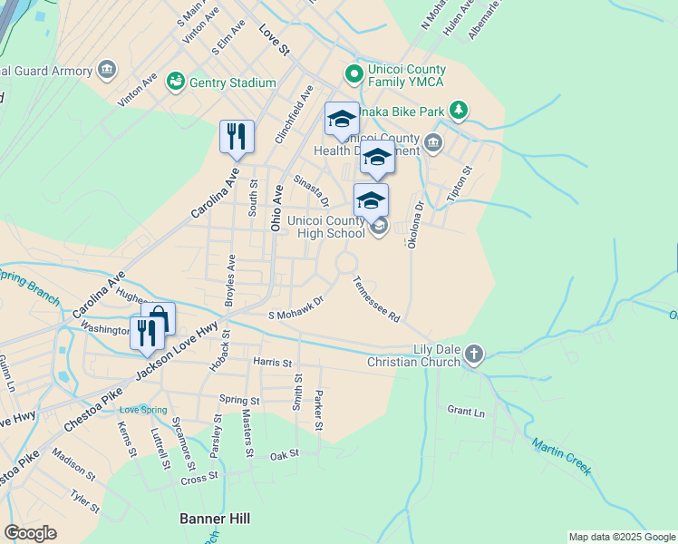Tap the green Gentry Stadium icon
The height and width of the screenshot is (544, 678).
[x=176, y=83]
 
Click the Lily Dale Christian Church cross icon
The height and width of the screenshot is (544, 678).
[x=472, y=355]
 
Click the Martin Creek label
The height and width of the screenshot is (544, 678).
[x=561, y=457]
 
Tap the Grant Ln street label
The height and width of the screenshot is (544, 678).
[x=466, y=412]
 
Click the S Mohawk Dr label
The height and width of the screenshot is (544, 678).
[x=295, y=307]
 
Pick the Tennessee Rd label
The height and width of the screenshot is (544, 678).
[x=377, y=300]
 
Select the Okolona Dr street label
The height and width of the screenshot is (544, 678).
[x=415, y=226]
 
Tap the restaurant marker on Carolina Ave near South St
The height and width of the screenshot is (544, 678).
[x=236, y=137]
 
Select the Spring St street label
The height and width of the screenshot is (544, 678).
[x=239, y=400]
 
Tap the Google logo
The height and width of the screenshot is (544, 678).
[x=31, y=533]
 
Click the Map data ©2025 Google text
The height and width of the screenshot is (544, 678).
[x=621, y=537]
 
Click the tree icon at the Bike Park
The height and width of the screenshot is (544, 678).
[x=460, y=111]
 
